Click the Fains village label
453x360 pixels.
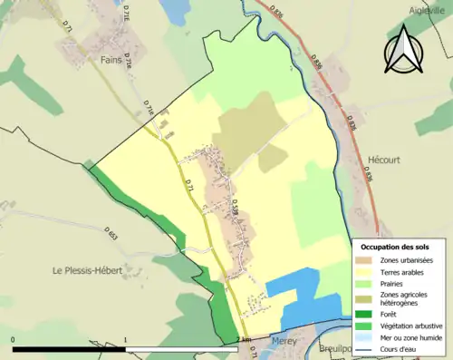[111, 60]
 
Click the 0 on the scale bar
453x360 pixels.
[14, 340]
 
